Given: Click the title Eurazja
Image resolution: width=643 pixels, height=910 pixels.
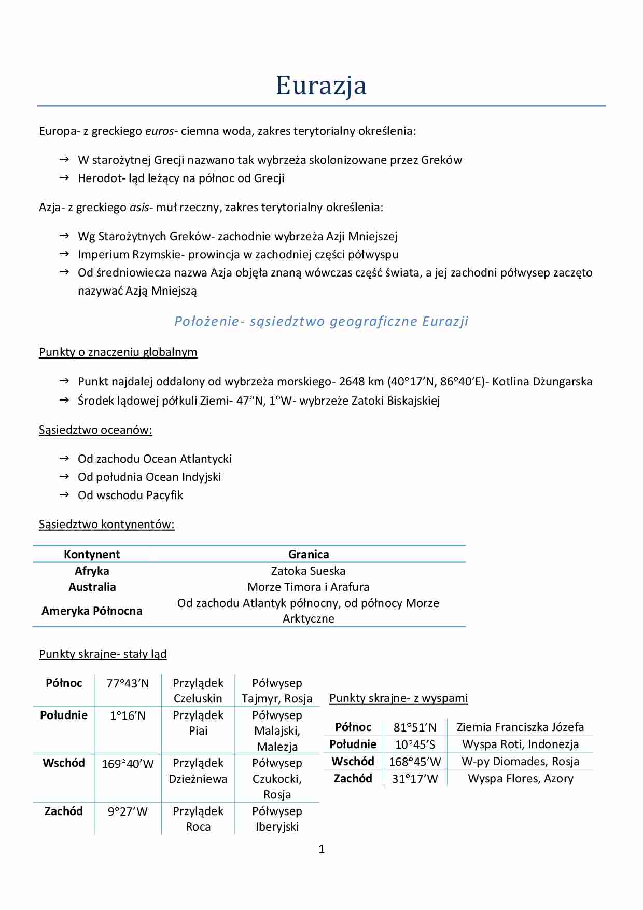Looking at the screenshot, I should pyautogui.click(x=321, y=86).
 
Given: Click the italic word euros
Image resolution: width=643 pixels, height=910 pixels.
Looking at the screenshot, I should pyautogui.click(x=159, y=131).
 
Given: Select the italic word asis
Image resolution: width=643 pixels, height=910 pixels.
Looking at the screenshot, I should pyautogui.click(x=139, y=208).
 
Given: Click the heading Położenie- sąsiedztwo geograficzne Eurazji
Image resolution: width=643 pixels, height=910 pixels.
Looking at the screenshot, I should pyautogui.click(x=321, y=321).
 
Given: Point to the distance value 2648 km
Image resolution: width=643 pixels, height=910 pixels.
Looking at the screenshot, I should pyautogui.click(x=361, y=382).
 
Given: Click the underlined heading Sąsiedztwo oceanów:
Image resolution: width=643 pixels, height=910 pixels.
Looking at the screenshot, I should pyautogui.click(x=95, y=430).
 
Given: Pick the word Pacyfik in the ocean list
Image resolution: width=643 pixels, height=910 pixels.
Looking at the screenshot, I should pyautogui.click(x=165, y=495).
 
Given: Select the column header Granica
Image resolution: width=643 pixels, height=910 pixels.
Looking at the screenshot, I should pyautogui.click(x=309, y=554).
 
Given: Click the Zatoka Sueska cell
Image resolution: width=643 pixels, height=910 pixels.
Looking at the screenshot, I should pyautogui.click(x=308, y=571).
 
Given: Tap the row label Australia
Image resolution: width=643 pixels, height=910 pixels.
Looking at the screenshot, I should pyautogui.click(x=92, y=587).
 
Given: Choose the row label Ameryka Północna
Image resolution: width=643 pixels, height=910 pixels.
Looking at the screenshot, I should pyautogui.click(x=92, y=611).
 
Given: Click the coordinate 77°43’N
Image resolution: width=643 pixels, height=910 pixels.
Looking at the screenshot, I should pyautogui.click(x=128, y=684).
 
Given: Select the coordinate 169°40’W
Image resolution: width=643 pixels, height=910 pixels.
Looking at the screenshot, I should pyautogui.click(x=128, y=764).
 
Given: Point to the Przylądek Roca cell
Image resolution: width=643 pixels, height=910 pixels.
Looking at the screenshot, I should pyautogui.click(x=198, y=819).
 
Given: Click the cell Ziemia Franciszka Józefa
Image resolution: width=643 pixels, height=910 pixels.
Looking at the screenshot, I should pyautogui.click(x=520, y=727).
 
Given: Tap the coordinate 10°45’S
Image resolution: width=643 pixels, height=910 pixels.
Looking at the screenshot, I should pyautogui.click(x=415, y=745).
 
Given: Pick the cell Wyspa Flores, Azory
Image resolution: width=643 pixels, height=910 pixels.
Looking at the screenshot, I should pyautogui.click(x=521, y=779).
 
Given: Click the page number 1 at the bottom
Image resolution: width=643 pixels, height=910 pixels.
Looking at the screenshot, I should pyautogui.click(x=321, y=849).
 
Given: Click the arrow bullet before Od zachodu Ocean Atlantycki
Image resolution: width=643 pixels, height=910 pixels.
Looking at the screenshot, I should pyautogui.click(x=64, y=459).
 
